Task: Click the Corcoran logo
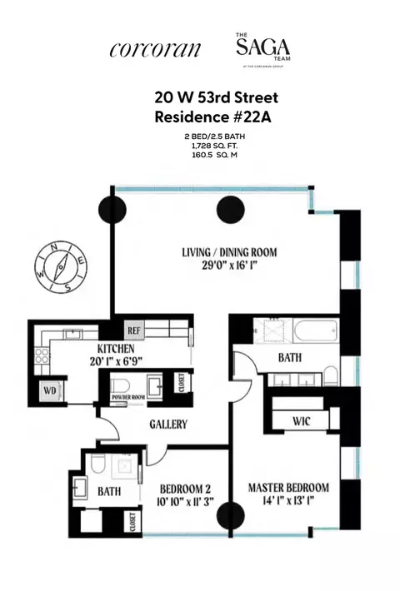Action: point(155,49)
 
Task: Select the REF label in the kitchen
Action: point(134,328)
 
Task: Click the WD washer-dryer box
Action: point(51,389)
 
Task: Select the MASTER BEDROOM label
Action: point(287,487)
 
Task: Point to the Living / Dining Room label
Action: point(228,252)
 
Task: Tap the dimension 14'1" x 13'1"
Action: point(288,502)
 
